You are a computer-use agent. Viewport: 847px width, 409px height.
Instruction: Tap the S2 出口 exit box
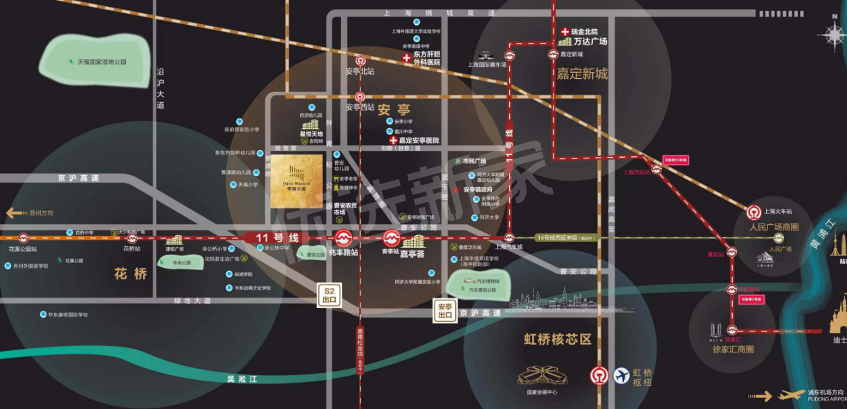[329, 296]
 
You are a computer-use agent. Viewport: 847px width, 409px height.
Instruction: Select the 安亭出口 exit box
[444, 311]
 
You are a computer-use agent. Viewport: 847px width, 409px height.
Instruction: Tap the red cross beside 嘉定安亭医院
[393, 140]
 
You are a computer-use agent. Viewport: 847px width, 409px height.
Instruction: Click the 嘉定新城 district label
[582, 74]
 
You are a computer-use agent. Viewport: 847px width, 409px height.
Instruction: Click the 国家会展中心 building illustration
[543, 376]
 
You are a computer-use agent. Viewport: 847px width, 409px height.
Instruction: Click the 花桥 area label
[131, 274]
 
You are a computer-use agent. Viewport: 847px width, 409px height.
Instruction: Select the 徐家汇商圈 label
[733, 349]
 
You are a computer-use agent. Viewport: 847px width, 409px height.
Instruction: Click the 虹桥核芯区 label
[558, 339]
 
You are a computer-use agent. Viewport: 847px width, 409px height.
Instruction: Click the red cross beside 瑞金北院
[565, 32]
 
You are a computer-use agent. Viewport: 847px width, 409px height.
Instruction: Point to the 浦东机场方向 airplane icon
[792, 396]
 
